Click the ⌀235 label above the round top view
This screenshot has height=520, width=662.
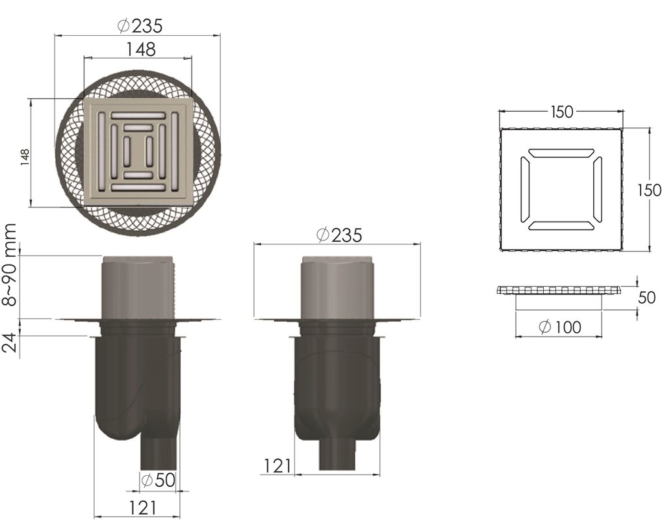click(139, 26)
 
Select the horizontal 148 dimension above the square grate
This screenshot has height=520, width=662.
click(141, 49)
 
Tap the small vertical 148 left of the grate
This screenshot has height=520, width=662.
click(25, 157)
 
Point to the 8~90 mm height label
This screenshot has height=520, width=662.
click(9, 265)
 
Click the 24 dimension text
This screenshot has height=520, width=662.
click(9, 342)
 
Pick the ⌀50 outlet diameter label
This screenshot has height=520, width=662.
click(158, 480)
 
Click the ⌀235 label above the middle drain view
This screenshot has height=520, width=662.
click(339, 235)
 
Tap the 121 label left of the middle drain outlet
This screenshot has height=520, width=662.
click(277, 466)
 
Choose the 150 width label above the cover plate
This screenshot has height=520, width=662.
click(562, 112)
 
